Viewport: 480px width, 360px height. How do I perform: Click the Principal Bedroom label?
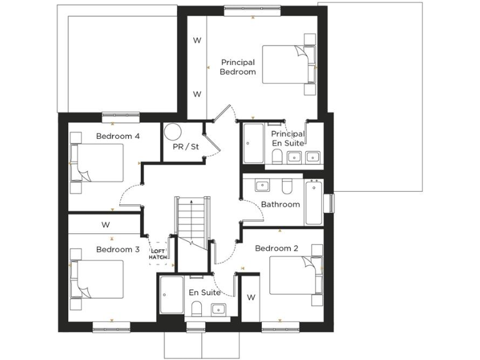tap(238, 67)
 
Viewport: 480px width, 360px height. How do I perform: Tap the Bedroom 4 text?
tap(118, 136)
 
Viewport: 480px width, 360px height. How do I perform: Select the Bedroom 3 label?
tap(117, 249)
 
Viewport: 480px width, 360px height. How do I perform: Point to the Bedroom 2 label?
tap(276, 248)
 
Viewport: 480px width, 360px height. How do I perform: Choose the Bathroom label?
tap(280, 204)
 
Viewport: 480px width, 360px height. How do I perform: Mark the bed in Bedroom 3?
tap(98, 279)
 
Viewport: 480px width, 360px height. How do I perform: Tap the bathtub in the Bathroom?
tap(313, 203)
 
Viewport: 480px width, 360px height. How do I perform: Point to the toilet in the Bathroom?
tap(287, 187)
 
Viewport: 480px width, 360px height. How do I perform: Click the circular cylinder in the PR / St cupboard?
tap(172, 131)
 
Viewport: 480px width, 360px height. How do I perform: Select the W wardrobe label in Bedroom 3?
tap(106, 224)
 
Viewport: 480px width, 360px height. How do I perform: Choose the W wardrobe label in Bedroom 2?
tap(251, 297)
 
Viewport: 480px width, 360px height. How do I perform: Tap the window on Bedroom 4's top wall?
tap(120, 114)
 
